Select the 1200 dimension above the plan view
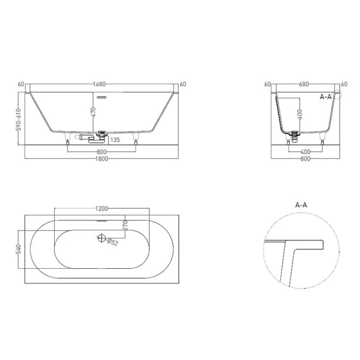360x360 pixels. pos(101,208)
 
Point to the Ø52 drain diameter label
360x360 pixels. pos(112,242)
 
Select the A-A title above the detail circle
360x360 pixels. pos(302,205)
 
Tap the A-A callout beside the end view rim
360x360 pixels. pos(326,95)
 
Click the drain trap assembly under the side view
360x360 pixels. pos(99,136)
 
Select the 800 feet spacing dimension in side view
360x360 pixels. pos(101,151)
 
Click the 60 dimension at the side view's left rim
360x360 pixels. pos(21,85)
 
